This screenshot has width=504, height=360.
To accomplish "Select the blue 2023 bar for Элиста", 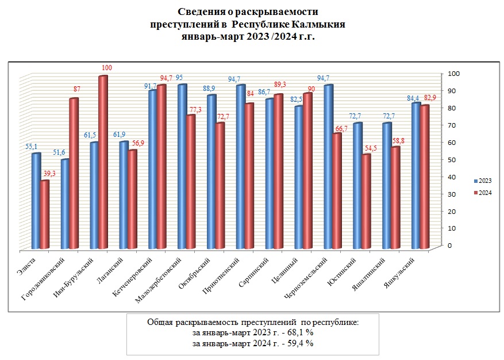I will (36, 201).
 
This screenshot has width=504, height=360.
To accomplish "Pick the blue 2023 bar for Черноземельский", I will (329, 167).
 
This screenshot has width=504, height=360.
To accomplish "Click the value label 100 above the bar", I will (106, 68).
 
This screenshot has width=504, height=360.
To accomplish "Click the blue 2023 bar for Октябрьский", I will (211, 173).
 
